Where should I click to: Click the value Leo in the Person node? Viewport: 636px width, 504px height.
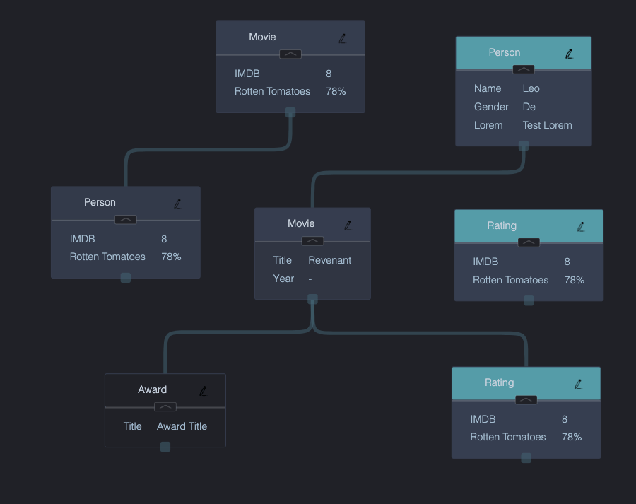(x=531, y=88)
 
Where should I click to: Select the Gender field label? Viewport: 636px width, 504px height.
(x=491, y=107)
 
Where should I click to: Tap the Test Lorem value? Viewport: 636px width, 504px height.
(x=547, y=125)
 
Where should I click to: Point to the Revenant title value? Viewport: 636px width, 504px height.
(x=329, y=260)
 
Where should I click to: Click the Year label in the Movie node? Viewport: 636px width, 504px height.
(x=283, y=279)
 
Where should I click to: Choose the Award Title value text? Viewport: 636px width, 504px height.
(x=182, y=426)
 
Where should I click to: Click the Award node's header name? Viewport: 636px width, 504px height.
(x=152, y=389)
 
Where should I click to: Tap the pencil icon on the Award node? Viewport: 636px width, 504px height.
(x=204, y=390)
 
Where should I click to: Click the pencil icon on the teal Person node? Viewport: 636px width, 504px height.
(x=569, y=53)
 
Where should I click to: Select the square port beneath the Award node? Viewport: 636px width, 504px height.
(x=165, y=447)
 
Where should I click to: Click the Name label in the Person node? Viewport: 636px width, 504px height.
(x=488, y=88)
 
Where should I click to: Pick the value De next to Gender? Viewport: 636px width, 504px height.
(x=529, y=107)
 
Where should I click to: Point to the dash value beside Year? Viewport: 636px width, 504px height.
(x=310, y=279)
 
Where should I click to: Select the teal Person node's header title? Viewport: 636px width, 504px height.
(x=504, y=52)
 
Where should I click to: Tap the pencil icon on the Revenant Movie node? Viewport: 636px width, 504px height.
(x=348, y=225)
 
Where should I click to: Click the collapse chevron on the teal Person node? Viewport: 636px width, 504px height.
(x=524, y=69)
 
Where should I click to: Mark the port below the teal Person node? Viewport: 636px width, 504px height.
(x=524, y=146)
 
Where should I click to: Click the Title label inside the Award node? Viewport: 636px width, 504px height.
(x=132, y=426)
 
